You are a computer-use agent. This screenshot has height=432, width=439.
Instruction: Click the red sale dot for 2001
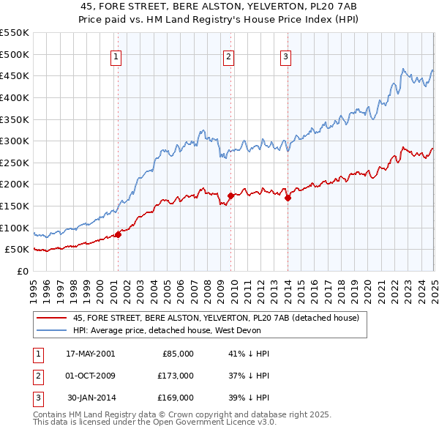[x=118, y=234]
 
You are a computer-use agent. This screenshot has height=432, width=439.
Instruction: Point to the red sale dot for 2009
[x=230, y=196]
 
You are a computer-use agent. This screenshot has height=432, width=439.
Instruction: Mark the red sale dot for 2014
[x=288, y=198]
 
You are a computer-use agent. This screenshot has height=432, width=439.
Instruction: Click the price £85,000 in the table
[x=176, y=353]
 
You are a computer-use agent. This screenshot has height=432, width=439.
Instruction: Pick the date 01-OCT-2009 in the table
[x=88, y=376]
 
